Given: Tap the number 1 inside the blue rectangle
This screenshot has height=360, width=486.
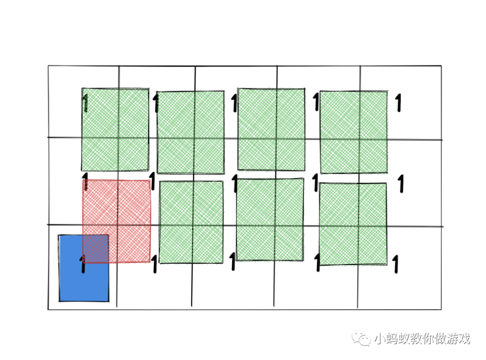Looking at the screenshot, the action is click(x=82, y=264).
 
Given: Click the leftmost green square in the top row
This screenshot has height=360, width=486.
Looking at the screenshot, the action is click(x=115, y=130).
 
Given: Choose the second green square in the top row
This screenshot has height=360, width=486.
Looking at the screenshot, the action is click(x=190, y=132).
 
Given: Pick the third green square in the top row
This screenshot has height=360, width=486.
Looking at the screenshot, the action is click(x=271, y=130).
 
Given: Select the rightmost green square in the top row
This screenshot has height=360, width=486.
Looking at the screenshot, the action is click(x=353, y=132).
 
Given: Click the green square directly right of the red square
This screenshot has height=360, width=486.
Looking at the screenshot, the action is click(x=191, y=222).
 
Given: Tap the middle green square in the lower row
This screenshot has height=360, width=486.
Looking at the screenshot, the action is click(x=270, y=220).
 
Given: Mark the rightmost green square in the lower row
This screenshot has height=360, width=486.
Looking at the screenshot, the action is click(x=353, y=224).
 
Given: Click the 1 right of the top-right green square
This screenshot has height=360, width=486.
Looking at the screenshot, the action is click(x=398, y=103).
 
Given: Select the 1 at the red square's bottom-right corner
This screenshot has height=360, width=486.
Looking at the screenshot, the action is click(x=154, y=265).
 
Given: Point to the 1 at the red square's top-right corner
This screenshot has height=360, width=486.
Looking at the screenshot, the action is click(x=152, y=181).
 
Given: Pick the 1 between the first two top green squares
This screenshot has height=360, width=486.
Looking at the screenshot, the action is click(x=156, y=103).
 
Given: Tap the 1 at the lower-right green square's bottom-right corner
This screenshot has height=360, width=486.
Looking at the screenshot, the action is click(x=396, y=264).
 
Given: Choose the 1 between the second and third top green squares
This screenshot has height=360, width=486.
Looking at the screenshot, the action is click(x=234, y=103).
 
